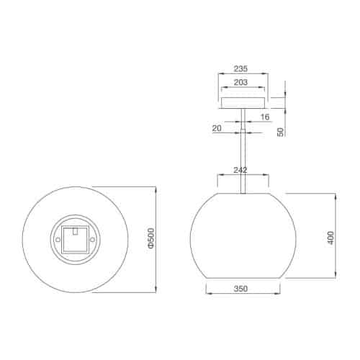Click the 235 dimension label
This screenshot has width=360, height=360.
[x=241, y=70]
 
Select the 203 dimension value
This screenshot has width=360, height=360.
[x=241, y=84]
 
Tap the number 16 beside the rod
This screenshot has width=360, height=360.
[x=265, y=116]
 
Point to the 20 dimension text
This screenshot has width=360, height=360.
[x=218, y=127]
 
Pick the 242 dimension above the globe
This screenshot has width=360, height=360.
[x=241, y=170]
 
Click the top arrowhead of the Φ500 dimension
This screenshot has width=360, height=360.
[x=157, y=187]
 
